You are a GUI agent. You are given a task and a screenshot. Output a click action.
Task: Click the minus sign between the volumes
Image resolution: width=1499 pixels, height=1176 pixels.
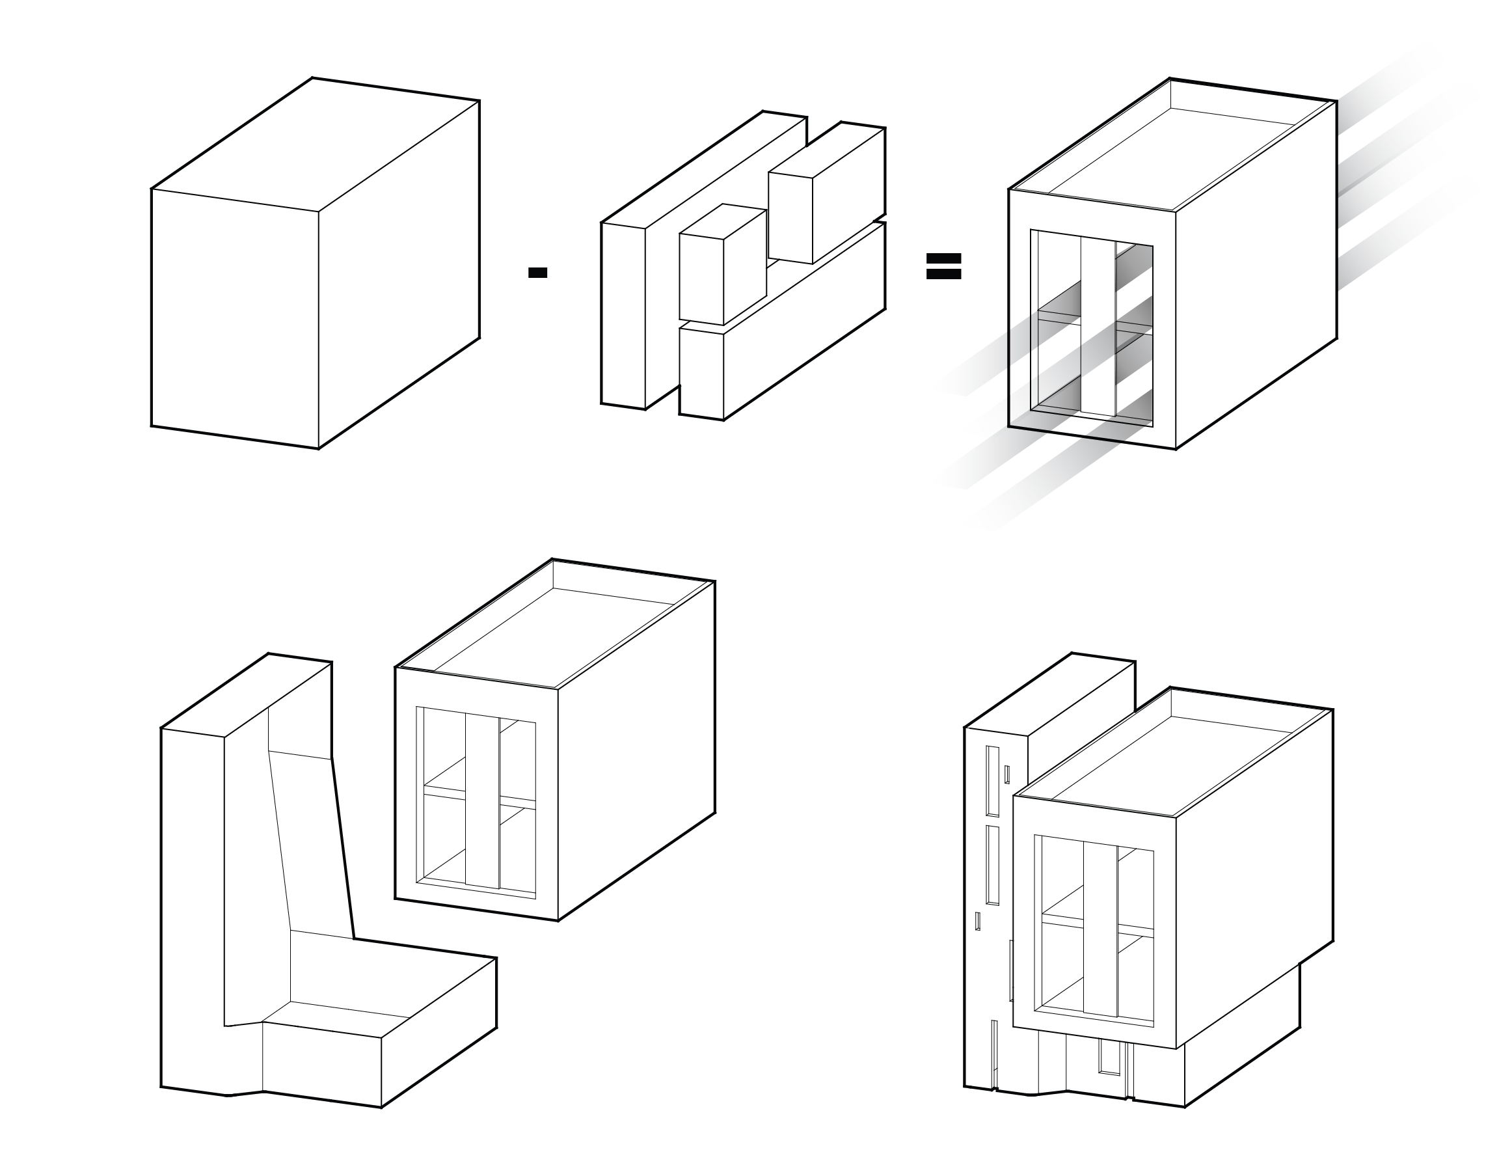tap(537, 273)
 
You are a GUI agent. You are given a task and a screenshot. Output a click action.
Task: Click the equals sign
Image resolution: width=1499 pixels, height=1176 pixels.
tap(943, 266)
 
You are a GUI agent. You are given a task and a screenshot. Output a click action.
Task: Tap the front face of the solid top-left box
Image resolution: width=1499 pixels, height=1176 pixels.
tap(234, 317)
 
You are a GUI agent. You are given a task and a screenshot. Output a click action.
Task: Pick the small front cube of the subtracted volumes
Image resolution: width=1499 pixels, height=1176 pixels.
tap(701, 279)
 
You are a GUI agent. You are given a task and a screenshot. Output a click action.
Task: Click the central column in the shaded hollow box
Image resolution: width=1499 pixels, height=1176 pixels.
tap(1098, 327)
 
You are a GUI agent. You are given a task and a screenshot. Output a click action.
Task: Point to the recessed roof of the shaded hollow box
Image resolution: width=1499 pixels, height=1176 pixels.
tap(1170, 158)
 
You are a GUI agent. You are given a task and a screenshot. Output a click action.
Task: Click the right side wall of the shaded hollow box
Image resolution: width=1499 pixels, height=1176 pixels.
tap(1256, 275)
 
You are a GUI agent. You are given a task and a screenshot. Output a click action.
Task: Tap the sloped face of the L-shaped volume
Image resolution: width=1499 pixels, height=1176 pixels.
tap(310, 847)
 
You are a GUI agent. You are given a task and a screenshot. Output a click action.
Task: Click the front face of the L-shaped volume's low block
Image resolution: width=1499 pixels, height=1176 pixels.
tap(321, 1064)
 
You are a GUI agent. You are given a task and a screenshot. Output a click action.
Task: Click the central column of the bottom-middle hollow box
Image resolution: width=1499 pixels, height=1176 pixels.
tap(481, 802)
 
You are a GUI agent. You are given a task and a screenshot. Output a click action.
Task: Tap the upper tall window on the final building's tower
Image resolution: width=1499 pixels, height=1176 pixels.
tap(992, 781)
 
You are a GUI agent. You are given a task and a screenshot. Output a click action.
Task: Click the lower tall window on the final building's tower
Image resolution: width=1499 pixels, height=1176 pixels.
tap(992, 865)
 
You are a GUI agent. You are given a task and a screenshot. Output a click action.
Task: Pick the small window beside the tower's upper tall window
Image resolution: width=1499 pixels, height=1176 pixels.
tap(1007, 774)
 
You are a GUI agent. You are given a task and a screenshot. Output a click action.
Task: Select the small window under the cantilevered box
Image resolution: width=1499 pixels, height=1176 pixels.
tap(1109, 1057)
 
